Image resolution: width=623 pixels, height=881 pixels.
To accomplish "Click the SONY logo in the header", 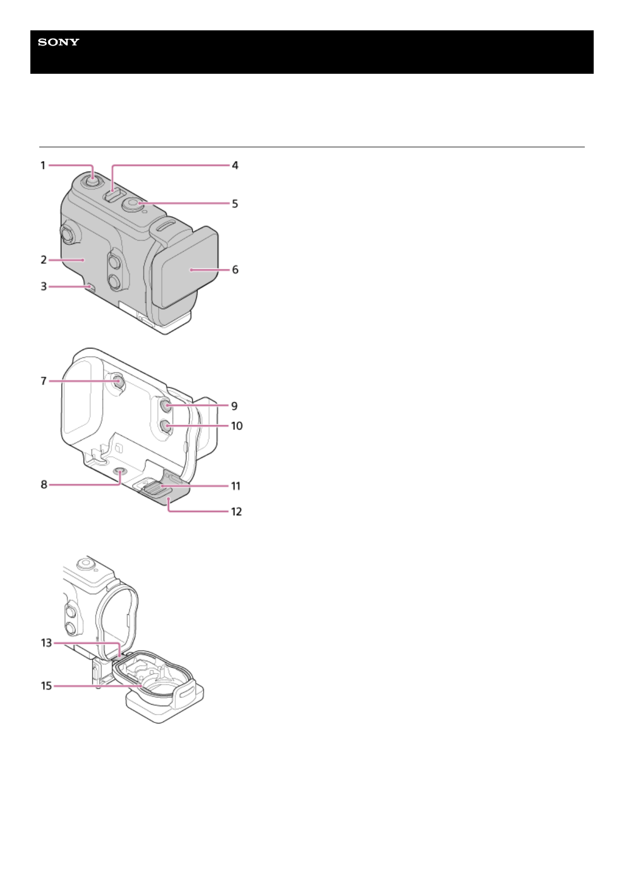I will click(x=59, y=42).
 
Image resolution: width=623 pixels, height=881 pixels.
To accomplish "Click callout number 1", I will click(x=43, y=165).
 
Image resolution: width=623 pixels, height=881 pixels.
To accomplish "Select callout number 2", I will click(x=44, y=259).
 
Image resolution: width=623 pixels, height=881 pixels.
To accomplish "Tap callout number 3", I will click(x=44, y=286).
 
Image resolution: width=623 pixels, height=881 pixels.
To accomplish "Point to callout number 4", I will click(x=235, y=165).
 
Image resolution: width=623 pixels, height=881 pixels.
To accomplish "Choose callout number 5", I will click(x=235, y=204).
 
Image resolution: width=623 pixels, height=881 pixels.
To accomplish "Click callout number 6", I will click(x=235, y=269).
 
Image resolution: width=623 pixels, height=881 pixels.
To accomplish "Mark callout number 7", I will click(x=44, y=381).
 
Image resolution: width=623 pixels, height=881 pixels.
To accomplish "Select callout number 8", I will click(x=44, y=484).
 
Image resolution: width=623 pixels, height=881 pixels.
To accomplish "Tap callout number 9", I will click(x=235, y=406).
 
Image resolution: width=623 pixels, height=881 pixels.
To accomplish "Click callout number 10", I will click(x=237, y=426).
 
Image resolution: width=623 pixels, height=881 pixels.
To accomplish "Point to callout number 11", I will click(x=236, y=486).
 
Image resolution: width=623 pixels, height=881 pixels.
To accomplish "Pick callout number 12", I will click(x=236, y=512).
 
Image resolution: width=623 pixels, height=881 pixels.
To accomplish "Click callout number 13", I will click(x=47, y=642).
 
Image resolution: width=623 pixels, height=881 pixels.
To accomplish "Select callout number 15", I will click(x=47, y=685).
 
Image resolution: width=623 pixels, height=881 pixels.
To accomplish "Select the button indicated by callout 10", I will click(x=164, y=426).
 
